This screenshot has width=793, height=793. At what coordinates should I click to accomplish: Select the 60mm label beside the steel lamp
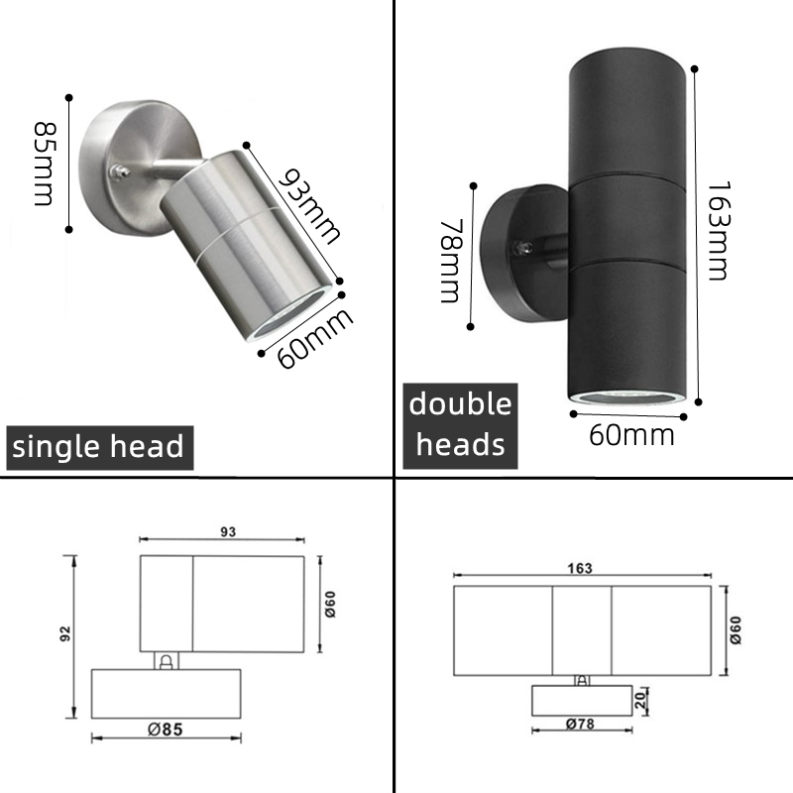(315, 337)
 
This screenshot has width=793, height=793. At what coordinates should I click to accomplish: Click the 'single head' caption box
(97, 446)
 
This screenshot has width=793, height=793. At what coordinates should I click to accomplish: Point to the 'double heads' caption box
(461, 423)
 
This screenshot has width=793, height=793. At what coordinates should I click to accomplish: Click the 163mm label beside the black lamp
(720, 230)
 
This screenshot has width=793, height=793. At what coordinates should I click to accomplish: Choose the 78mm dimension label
(451, 260)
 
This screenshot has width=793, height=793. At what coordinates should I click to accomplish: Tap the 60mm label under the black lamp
(631, 434)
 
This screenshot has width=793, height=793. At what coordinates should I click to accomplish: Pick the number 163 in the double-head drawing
(581, 568)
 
